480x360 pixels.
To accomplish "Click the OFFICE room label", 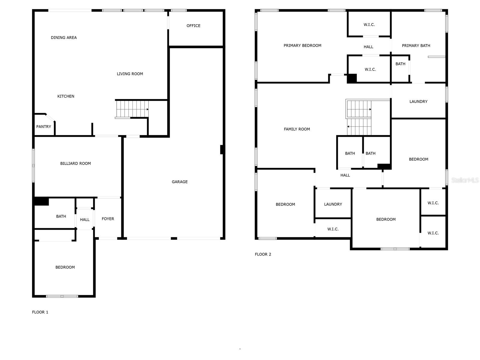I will [193, 26].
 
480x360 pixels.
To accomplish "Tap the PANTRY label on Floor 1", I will [43, 127].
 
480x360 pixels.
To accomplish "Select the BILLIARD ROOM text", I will [75, 163].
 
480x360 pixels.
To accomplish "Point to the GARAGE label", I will [180, 182].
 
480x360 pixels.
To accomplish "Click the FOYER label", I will [108, 219].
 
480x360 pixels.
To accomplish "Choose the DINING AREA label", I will [64, 38].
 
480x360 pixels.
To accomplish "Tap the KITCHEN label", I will [66, 96].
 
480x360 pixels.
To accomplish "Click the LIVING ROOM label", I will [130, 74].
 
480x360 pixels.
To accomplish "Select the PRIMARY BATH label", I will [416, 46].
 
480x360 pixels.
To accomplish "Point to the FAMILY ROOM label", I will [297, 129].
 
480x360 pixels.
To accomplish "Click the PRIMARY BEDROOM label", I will [302, 46].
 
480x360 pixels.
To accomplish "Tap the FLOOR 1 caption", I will [40, 312].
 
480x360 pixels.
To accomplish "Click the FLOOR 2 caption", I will [263, 254].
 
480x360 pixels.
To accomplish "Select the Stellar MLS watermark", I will [465, 180].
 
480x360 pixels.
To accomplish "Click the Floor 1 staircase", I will [132, 109].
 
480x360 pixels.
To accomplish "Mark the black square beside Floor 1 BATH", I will [41, 201].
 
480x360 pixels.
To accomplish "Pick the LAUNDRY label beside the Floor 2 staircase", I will [418, 102].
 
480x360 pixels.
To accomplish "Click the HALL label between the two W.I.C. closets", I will [368, 47].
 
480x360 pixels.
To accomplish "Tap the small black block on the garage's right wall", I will [222, 149].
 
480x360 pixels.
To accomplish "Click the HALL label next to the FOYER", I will [85, 220].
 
